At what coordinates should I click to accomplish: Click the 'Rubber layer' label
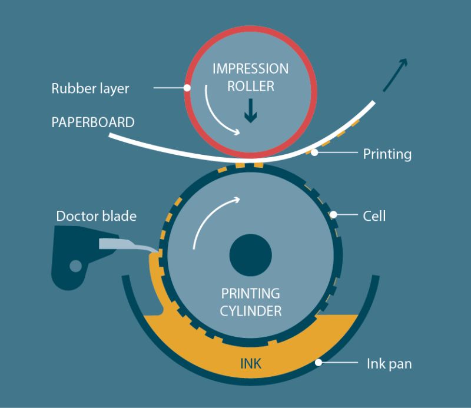[x=90, y=89]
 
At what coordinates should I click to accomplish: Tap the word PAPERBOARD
[x=93, y=123]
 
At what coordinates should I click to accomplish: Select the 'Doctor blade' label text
[x=96, y=216]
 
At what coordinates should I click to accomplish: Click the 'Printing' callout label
[x=387, y=155]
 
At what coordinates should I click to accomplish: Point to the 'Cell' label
[x=374, y=216]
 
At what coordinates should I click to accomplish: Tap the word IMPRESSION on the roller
[x=250, y=69]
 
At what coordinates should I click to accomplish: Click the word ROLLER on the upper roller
[x=250, y=86]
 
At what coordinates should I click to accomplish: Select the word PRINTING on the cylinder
[x=250, y=293]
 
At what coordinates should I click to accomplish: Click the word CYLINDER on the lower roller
[x=250, y=310]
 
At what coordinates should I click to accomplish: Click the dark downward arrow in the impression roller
[x=251, y=111]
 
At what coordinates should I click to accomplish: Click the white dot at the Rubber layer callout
[x=187, y=88]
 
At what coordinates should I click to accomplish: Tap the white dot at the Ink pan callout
[x=319, y=363]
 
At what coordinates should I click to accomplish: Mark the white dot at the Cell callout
[x=334, y=215]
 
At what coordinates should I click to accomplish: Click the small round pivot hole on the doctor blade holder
[x=75, y=266]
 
